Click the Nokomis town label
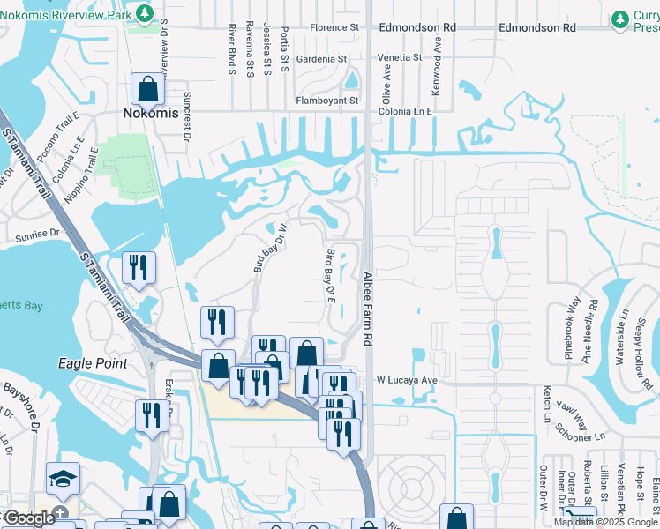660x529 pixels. click(x=148, y=114)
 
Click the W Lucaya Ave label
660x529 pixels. click(x=408, y=380)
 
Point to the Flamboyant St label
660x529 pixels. click(x=326, y=101)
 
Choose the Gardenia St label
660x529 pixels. click(x=321, y=59)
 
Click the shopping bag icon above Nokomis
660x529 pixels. click(x=147, y=89)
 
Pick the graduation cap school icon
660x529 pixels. click(x=63, y=479)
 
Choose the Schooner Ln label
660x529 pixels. click(x=580, y=433)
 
